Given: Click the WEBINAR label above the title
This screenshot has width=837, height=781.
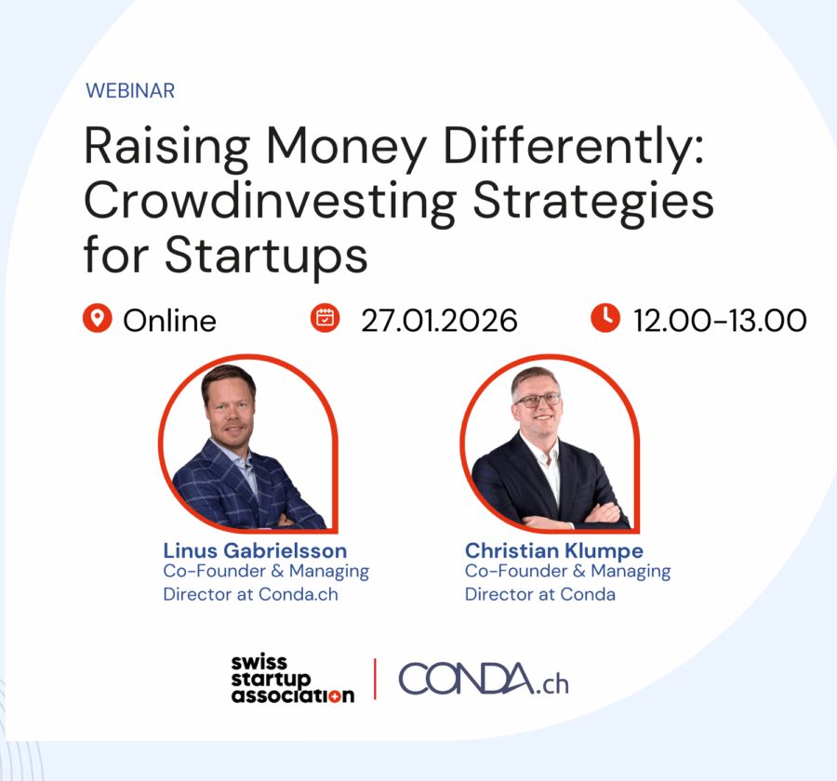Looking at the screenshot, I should coord(130,90).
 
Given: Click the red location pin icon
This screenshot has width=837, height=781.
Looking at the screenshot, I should coord(97,319).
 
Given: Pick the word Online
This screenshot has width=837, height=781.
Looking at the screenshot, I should coord(169,320).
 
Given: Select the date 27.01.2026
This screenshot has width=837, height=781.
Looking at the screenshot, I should coord(439,320).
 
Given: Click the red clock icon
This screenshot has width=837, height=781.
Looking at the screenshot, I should coord(604,319).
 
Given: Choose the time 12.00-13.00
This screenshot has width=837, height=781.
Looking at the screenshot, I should coord(720,320).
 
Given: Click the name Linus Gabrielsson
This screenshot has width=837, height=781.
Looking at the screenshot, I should coord(255,550).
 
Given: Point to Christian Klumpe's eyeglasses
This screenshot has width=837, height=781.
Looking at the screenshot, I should coord(538,400).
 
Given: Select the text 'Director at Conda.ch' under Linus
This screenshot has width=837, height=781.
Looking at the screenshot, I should coord(250,593).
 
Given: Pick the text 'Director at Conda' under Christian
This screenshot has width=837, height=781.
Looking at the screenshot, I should coord(540,593).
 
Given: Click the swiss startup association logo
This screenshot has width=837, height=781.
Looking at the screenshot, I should coord(293,679).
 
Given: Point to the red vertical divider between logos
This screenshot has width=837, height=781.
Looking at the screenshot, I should coord(376,679).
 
